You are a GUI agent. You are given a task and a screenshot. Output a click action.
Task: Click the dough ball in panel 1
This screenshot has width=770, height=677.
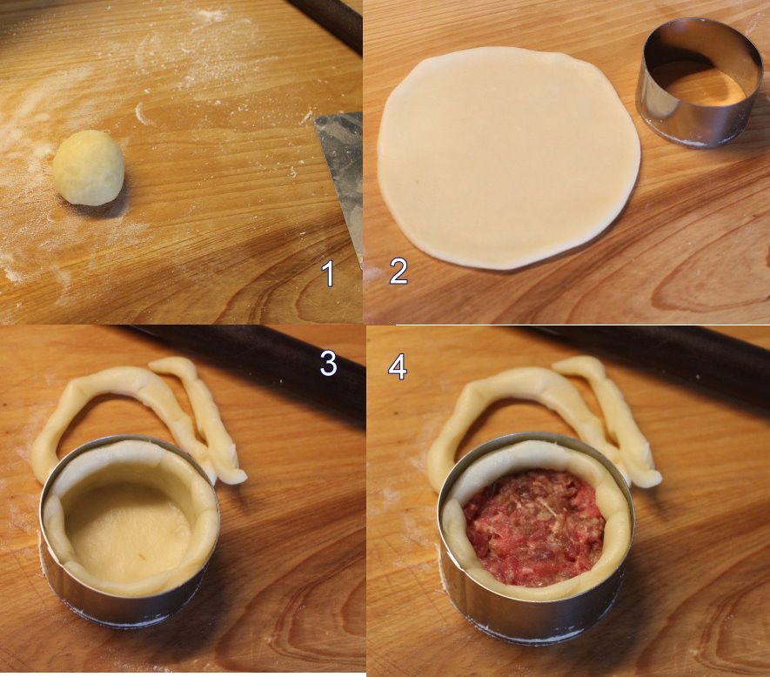pos(89,168)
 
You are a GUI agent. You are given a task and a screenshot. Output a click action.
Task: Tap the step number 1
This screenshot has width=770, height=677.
pos(329,273)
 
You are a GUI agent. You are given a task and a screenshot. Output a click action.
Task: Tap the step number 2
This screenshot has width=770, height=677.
pos(398,271)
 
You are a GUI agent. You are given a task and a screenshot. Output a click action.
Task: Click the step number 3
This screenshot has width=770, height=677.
pos(328,364)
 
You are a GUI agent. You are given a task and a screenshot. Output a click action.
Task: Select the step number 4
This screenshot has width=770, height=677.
pos(398,367)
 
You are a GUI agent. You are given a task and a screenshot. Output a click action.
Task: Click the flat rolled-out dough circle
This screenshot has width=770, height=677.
pos(508,158)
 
